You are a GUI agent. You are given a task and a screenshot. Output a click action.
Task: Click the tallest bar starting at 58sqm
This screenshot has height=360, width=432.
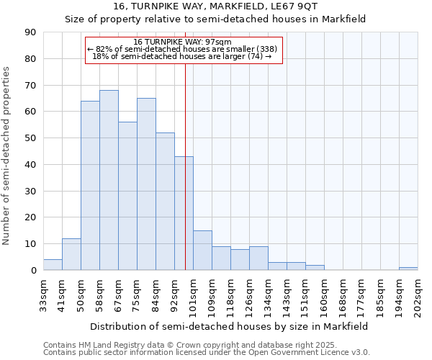[x=109, y=180]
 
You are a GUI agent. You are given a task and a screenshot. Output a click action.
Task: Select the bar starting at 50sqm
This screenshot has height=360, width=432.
[x=90, y=186]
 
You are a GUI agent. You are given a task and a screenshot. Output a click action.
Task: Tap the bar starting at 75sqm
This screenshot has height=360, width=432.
[x=146, y=184]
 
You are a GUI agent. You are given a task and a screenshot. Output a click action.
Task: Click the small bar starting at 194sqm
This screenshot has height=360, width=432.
[x=408, y=269]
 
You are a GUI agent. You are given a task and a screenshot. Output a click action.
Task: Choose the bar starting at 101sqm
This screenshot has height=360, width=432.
[x=202, y=251]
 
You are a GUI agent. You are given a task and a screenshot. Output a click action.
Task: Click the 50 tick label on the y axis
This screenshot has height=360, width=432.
[x=30, y=138]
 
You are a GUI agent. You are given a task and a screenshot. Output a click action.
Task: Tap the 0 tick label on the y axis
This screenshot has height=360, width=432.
[x=33, y=271]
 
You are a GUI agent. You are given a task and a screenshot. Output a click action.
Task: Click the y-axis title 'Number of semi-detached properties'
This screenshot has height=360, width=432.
[x=7, y=156]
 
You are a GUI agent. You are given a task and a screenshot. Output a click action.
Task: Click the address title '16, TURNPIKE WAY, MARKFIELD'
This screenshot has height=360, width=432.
[x=215, y=6]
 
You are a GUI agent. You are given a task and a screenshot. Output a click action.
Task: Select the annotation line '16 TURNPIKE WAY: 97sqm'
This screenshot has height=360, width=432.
[x=183, y=42]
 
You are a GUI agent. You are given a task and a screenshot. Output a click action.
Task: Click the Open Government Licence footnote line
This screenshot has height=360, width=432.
[x=207, y=353]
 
